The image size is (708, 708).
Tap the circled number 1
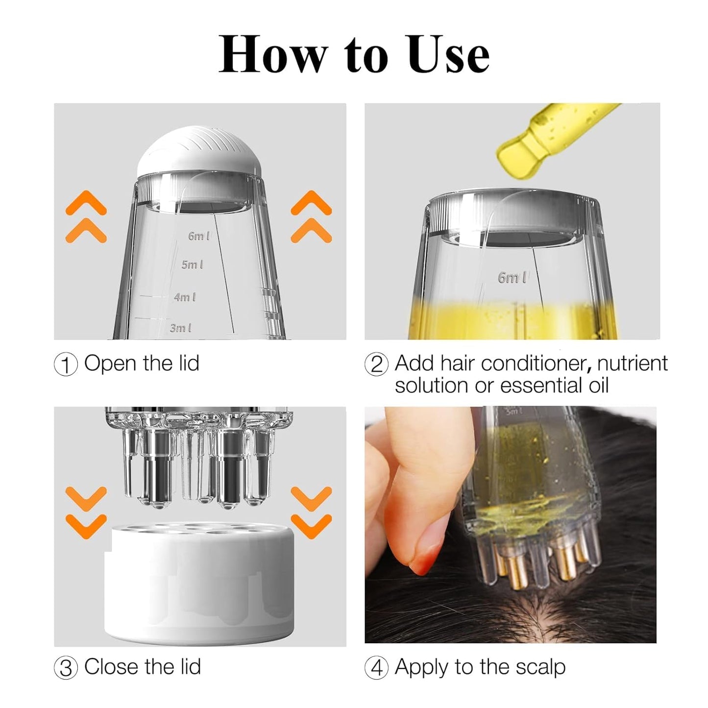click(66, 365)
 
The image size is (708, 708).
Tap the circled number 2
click(377, 365)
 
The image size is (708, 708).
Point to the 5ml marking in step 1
click(192, 265)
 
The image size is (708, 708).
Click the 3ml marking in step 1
click(180, 328)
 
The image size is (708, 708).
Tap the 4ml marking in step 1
click(185, 297)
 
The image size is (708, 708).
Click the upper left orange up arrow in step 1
click(86, 202)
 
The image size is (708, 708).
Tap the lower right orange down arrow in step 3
click(312, 526)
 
